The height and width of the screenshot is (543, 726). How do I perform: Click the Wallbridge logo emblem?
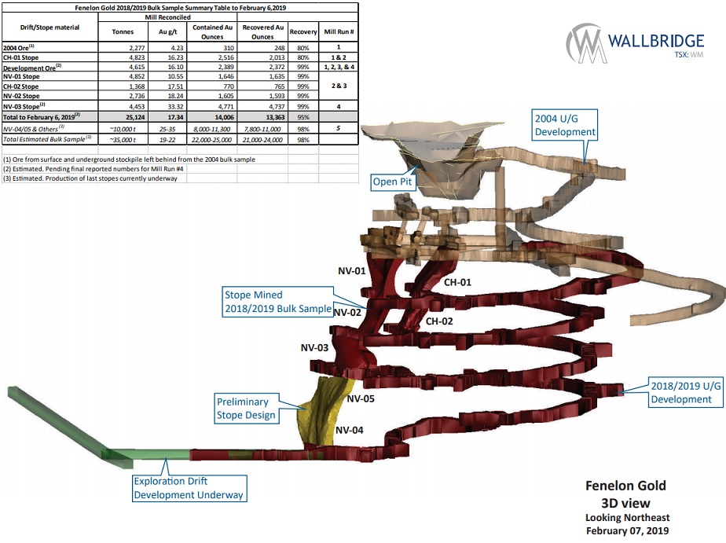(x=585, y=42)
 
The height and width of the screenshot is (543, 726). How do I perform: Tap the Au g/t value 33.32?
(x=175, y=106)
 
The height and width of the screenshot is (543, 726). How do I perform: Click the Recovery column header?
(x=303, y=32)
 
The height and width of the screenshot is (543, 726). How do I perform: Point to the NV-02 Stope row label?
(x=21, y=96)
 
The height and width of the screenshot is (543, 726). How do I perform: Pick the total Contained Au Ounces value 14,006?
(x=224, y=117)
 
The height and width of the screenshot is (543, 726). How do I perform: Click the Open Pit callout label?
(x=392, y=182)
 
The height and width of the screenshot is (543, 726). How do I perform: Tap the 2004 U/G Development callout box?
(x=565, y=125)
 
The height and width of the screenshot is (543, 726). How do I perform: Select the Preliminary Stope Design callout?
(x=246, y=409)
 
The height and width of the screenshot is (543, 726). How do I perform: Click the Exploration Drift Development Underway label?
(x=189, y=488)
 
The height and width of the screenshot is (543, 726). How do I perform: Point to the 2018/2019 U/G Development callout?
(x=686, y=393)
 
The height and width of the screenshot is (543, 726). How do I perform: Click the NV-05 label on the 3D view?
(x=361, y=398)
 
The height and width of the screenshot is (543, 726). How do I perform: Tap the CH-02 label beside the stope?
(x=439, y=321)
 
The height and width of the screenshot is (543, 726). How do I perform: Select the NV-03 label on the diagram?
(x=314, y=347)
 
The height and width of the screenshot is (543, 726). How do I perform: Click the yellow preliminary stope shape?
(x=323, y=411)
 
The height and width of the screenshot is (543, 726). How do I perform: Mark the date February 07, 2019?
(x=627, y=530)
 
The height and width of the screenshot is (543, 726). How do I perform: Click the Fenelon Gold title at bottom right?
(x=625, y=486)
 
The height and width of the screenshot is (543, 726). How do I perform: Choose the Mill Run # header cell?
(x=339, y=32)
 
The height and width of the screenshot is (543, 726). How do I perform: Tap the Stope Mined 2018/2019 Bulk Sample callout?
(x=278, y=301)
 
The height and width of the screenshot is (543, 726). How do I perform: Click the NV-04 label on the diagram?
(x=350, y=430)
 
